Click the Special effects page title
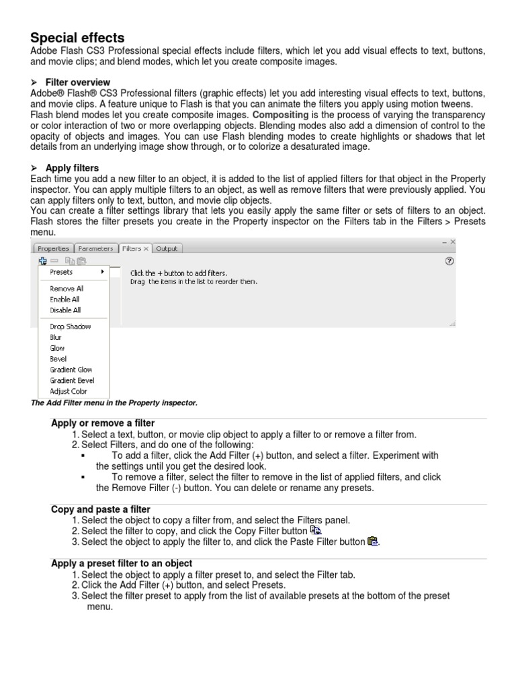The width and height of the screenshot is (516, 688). coord(78,38)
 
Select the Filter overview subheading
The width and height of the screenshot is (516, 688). coord(77,82)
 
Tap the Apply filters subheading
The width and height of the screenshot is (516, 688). coord(72,167)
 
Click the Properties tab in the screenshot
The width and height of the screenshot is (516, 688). coord(53,249)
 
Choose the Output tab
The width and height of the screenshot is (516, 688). coord(167,249)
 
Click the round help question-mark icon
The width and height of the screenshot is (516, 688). coord(449,261)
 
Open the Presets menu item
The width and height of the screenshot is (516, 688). coord(62,272)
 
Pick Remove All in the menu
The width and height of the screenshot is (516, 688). coord(67,288)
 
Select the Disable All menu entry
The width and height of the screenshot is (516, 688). coord(65,310)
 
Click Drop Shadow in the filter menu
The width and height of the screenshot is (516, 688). coord(70,327)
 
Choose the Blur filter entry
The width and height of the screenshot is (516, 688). coord(56,337)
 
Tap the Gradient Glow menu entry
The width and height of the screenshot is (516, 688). coord(71,370)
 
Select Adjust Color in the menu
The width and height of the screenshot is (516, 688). coord(69,391)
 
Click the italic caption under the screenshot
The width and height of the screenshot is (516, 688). coord(114,402)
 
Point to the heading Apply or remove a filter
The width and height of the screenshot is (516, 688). coord(103,423)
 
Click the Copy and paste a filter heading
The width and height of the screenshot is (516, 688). coord(101,509)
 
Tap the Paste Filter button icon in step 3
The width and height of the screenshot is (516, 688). coord(374,541)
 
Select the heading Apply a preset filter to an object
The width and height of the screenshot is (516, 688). coord(122,563)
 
